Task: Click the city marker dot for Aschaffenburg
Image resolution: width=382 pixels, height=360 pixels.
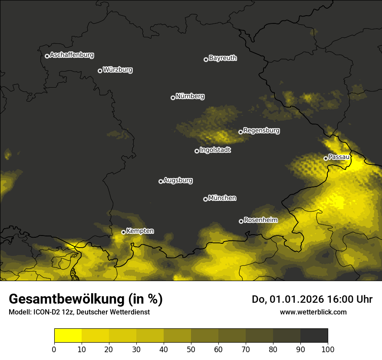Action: coord(47,56)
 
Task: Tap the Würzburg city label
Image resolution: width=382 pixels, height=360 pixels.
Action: coord(118,70)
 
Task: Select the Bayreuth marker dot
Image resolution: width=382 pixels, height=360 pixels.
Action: coord(206,59)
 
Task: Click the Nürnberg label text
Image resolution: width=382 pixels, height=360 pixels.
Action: coord(190,96)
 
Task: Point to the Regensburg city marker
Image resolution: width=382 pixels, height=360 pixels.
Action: coord(240,132)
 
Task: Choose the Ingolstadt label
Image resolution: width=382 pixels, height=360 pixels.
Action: coord(215,151)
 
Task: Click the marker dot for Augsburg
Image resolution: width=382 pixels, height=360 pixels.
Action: coord(161,181)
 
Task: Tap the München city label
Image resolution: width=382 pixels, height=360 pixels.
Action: coord(222,198)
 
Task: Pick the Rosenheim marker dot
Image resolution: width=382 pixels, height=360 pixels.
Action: coord(241,221)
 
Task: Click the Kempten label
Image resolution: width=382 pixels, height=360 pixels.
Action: coord(140,231)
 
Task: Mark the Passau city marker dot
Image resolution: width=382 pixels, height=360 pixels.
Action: coord(326,158)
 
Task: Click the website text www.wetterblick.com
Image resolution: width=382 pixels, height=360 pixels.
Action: coord(313,312)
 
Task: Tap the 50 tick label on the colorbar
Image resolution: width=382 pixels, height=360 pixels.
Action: coord(191,349)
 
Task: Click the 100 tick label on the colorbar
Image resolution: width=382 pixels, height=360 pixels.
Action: coord(328,349)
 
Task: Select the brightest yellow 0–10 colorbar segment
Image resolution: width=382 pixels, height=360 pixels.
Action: coord(68,335)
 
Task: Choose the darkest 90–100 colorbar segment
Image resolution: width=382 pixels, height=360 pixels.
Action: coord(314,335)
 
